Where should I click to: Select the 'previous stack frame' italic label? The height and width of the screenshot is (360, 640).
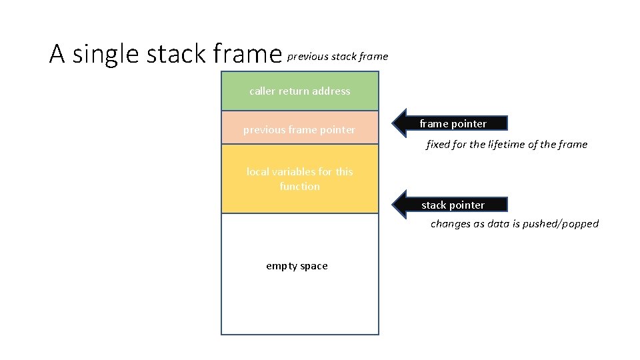coord(337,57)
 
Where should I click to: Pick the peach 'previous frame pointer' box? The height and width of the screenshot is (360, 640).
coord(299,129)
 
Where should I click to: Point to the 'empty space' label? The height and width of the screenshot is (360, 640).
coord(297,266)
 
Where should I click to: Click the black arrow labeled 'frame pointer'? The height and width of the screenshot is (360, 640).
coord(453,123)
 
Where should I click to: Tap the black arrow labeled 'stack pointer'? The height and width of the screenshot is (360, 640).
coord(453,205)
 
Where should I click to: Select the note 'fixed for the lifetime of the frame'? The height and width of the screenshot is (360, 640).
coord(507,145)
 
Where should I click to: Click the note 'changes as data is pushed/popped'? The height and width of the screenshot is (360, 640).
coord(515,224)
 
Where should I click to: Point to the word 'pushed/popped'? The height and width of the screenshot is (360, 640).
coord(565,224)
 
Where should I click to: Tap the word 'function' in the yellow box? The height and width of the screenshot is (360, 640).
coord(299,187)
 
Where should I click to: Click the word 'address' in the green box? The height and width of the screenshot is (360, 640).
coord(331,91)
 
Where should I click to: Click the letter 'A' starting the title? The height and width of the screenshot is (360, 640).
coord(57,55)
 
